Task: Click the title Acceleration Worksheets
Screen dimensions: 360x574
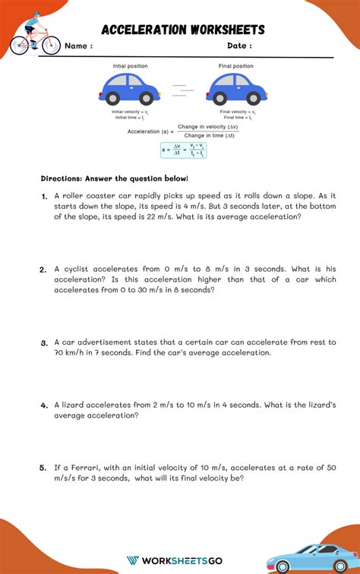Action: [x=183, y=30]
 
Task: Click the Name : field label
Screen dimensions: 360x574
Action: [x=78, y=46]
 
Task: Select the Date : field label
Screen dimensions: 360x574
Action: [x=239, y=46]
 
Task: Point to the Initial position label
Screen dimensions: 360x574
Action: [x=131, y=66]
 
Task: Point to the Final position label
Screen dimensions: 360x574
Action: [x=236, y=66]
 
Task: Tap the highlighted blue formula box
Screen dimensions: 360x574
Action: [x=183, y=150]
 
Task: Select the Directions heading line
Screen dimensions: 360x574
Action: [x=115, y=178]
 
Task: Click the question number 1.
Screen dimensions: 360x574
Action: [x=45, y=196]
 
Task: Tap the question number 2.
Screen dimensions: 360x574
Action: [x=43, y=270]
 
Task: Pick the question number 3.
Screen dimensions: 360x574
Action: [x=45, y=343]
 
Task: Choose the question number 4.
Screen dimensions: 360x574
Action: [x=44, y=405]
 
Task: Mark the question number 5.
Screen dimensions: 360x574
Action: [x=43, y=468]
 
